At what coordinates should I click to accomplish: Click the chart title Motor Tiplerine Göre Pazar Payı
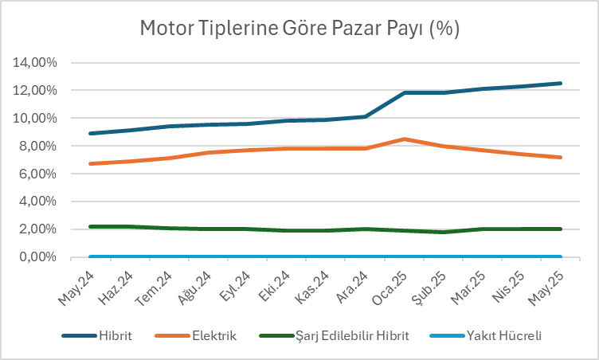click(x=299, y=29)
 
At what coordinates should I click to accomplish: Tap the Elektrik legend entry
click(x=215, y=336)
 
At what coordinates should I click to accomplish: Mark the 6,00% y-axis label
click(x=37, y=174)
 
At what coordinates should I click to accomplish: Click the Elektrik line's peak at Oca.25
click(x=405, y=139)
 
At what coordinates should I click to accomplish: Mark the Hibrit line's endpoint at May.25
click(x=561, y=83)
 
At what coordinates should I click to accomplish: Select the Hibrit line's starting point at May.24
click(x=91, y=133)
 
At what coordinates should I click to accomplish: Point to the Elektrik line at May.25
click(x=561, y=157)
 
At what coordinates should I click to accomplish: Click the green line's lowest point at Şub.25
click(x=444, y=232)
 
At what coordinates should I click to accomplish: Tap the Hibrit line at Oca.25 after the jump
click(x=405, y=92)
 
